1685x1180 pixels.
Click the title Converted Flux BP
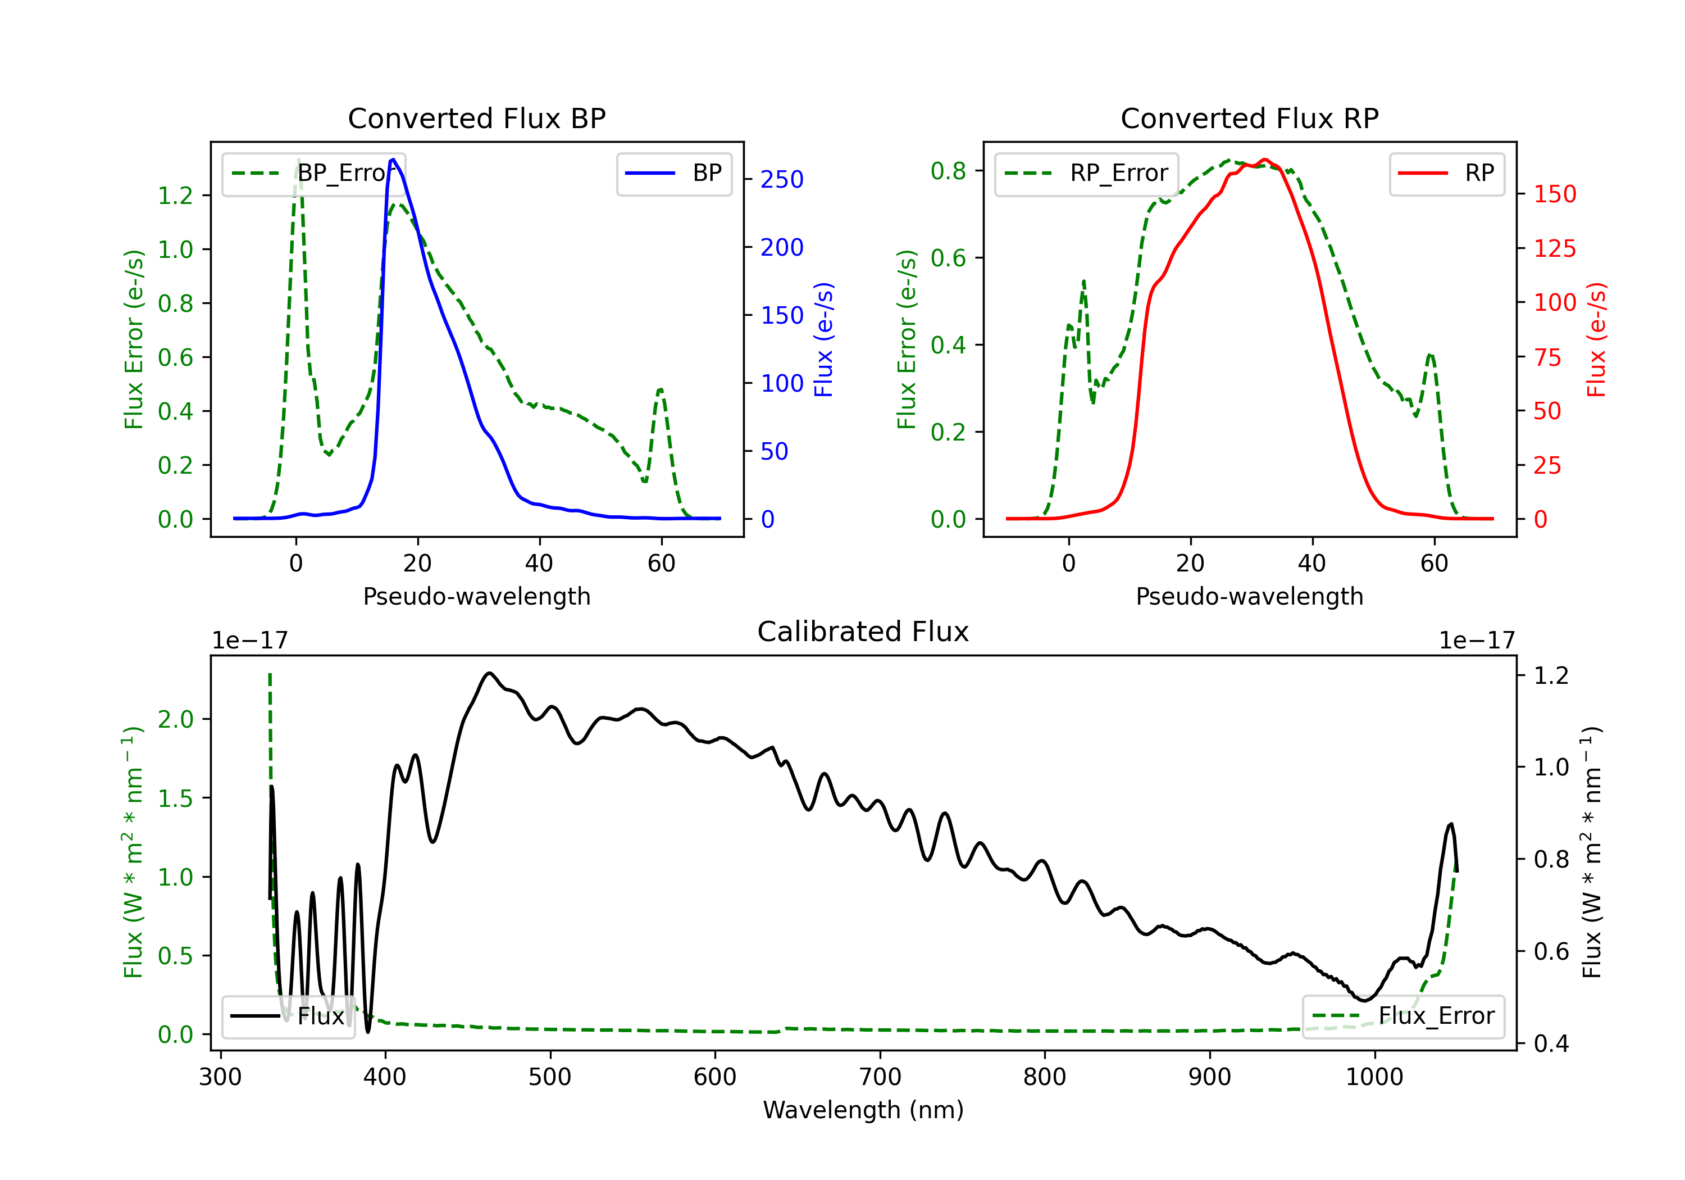(x=477, y=118)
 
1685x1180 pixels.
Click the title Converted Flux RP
(x=1250, y=118)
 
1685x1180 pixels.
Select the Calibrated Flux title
(x=863, y=632)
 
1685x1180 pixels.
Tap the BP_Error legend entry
(x=314, y=173)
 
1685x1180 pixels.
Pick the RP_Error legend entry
(x=1086, y=173)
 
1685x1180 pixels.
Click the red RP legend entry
(x=1446, y=173)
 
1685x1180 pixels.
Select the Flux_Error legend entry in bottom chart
(x=1403, y=1016)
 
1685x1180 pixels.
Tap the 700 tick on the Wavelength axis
(x=880, y=1077)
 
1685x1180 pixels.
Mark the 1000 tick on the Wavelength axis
(x=1374, y=1077)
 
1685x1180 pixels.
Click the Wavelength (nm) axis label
(x=863, y=1110)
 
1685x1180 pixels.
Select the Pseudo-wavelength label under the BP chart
(x=477, y=596)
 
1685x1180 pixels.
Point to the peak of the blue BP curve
(x=393, y=160)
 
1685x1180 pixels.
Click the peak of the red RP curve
(x=1264, y=160)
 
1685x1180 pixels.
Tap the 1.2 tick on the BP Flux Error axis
(x=175, y=196)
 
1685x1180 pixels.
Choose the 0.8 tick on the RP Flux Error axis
(x=948, y=170)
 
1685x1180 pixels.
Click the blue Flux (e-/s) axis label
(x=824, y=339)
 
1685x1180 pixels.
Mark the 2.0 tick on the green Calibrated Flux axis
(x=175, y=719)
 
